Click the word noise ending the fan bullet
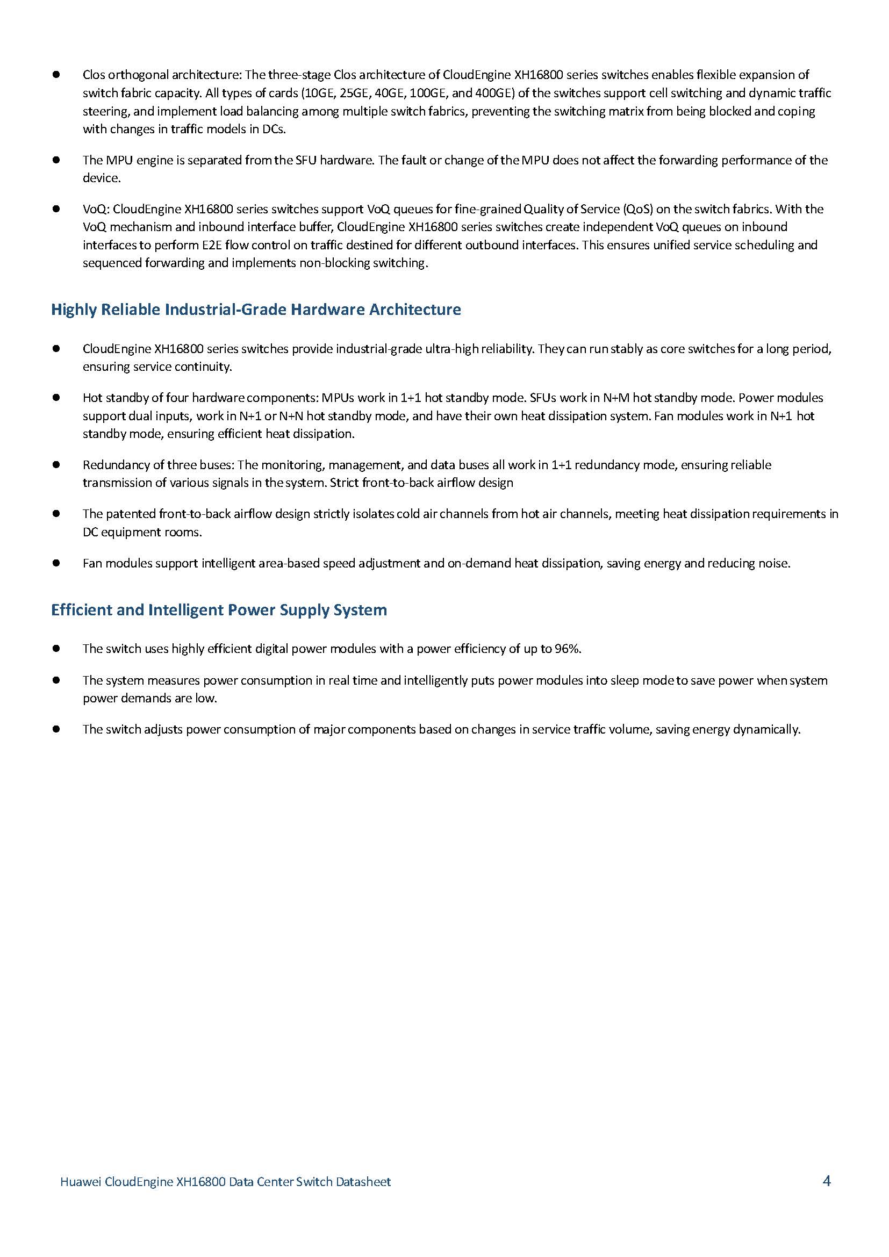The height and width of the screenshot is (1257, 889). click(776, 563)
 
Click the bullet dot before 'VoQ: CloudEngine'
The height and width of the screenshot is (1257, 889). click(56, 209)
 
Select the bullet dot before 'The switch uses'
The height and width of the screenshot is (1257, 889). click(56, 649)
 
